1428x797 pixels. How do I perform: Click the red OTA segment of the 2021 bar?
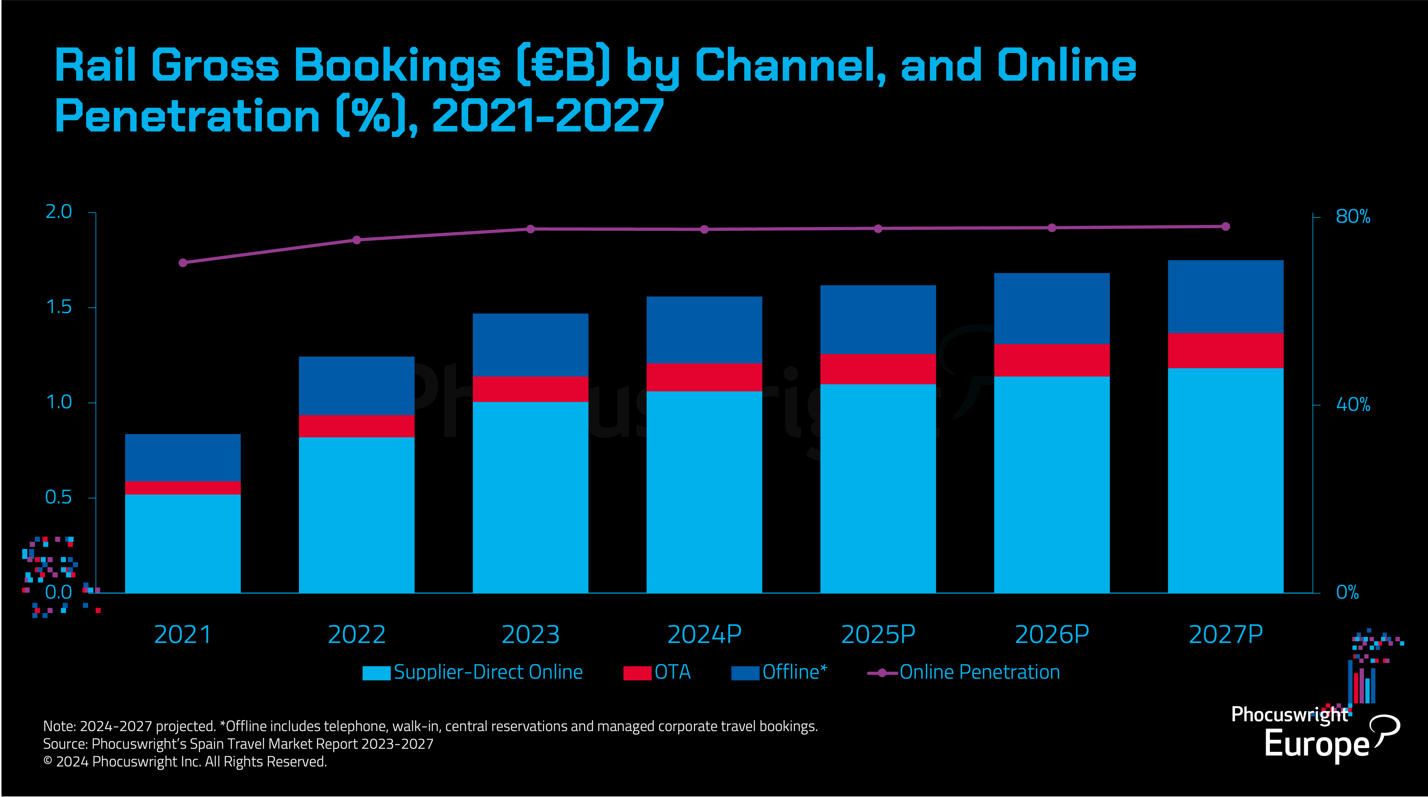point(183,487)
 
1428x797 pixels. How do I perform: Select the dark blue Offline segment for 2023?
point(530,345)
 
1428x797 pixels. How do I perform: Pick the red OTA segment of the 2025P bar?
point(878,369)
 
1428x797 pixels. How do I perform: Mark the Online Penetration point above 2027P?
point(1226,226)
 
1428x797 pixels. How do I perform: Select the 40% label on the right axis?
point(1353,404)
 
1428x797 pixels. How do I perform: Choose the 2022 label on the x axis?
point(357,634)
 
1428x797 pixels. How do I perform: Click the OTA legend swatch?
point(637,673)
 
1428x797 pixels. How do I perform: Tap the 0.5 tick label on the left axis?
point(59,497)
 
